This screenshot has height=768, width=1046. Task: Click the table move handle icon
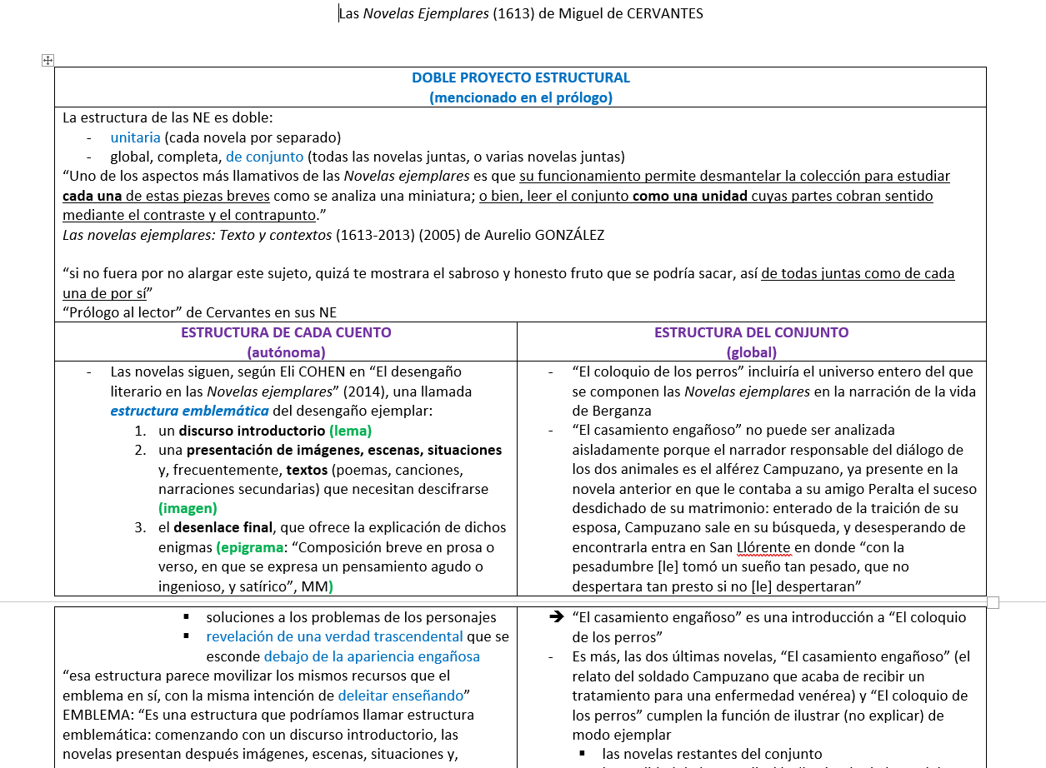pos(48,60)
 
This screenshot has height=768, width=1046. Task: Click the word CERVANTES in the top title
pos(658,13)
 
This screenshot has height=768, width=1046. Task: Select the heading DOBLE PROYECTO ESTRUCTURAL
pos(520,77)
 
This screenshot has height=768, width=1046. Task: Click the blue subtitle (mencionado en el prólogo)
pos(520,97)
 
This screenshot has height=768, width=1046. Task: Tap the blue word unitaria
pos(135,137)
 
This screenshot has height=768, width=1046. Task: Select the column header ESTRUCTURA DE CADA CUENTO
pos(286,332)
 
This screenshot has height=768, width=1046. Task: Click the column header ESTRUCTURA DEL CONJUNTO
pos(751,332)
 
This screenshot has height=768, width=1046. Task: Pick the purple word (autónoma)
pos(286,352)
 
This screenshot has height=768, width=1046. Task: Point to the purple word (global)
pos(751,352)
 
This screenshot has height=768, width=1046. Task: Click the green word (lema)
pos(350,431)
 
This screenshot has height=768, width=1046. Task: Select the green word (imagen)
pos(188,508)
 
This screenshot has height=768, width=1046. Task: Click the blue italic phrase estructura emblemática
pos(189,411)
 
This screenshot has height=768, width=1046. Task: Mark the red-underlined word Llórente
pos(763,547)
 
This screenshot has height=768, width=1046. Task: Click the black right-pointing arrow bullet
pos(557,617)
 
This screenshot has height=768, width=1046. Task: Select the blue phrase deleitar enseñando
pos(401,696)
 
